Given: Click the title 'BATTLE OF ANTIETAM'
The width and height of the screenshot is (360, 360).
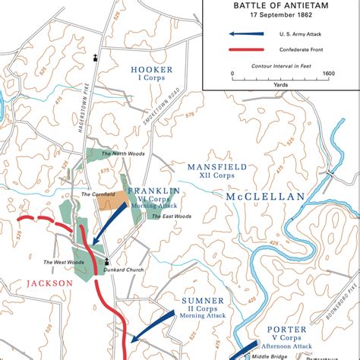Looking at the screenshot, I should click(x=280, y=5).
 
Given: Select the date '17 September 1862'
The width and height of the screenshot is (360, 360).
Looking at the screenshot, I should click(x=280, y=14).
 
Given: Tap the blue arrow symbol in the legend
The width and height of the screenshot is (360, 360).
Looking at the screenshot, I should click(x=248, y=33).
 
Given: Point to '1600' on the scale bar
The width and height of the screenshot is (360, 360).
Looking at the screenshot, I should click(x=328, y=74).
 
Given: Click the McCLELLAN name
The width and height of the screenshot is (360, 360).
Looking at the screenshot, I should click(x=265, y=196).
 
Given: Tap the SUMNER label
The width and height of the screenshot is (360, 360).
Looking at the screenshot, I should click(x=201, y=301).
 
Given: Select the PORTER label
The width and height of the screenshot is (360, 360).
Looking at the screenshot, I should click(x=287, y=329).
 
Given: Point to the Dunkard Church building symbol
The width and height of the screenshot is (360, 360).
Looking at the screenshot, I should click(x=96, y=259).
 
